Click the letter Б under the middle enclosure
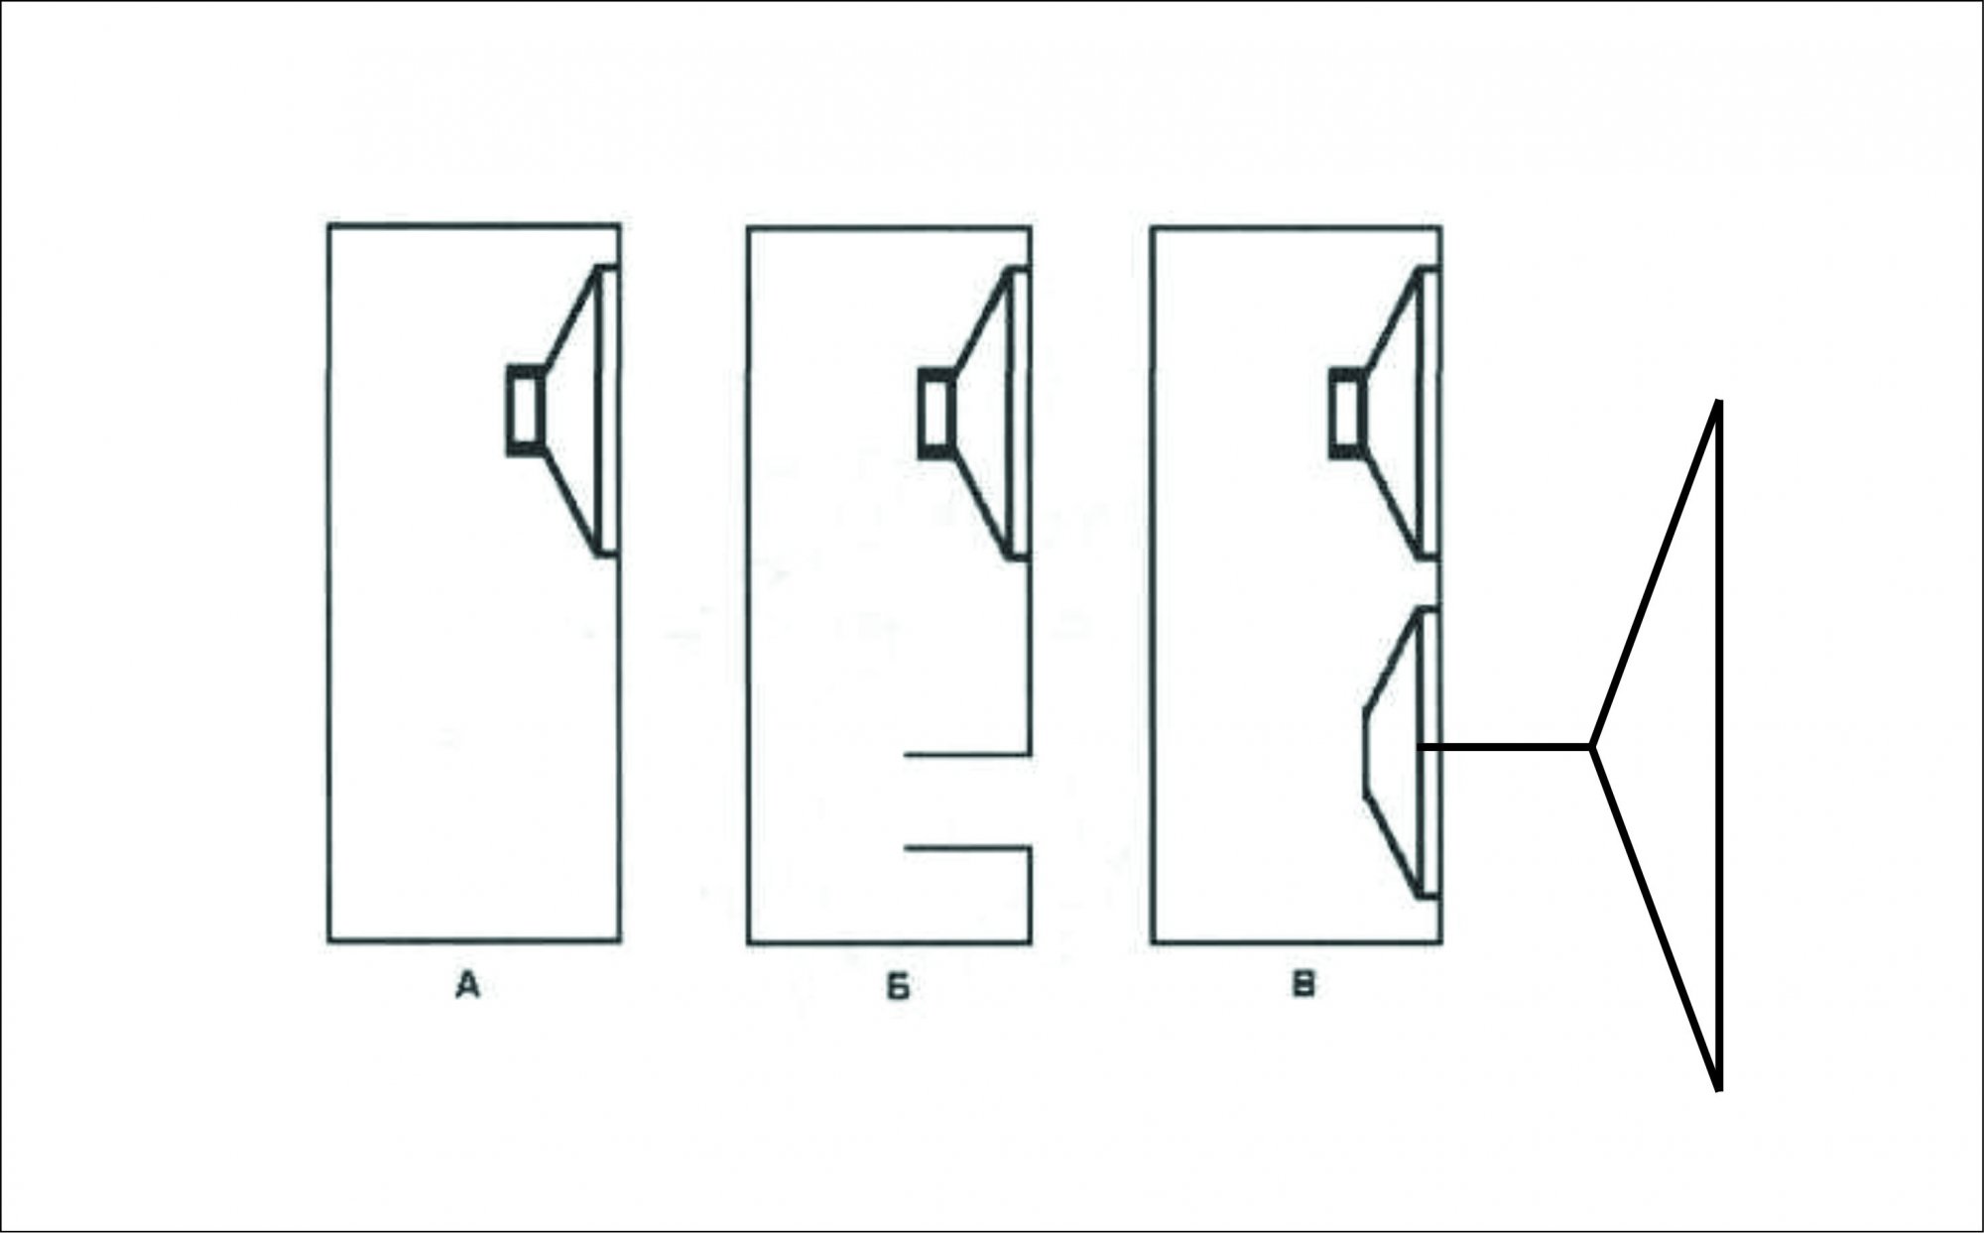pos(897,988)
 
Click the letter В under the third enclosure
pos(1305,985)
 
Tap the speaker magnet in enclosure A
pos(526,411)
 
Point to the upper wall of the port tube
pos(968,756)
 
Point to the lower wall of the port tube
pos(968,848)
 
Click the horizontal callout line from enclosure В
pos(1506,745)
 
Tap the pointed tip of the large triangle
pos(1592,745)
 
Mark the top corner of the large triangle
pos(1719,402)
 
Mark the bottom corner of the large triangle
pos(1719,1089)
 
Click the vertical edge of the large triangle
pos(1719,745)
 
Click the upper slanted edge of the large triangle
pos(1656,573)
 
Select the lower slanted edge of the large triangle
pos(1656,918)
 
